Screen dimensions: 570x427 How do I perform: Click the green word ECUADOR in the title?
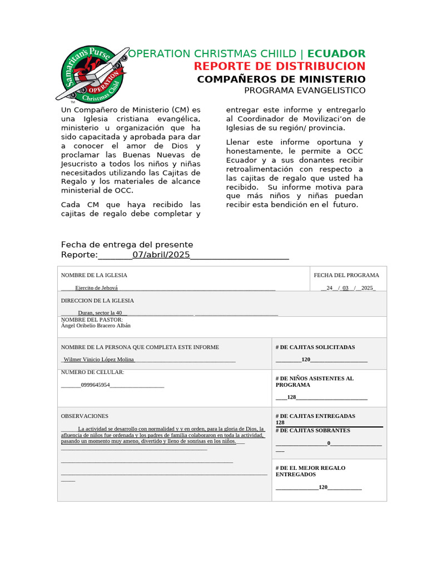coord(336,53)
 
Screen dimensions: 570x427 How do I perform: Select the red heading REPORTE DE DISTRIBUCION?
coord(280,66)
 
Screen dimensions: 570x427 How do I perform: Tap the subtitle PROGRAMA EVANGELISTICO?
coord(305,90)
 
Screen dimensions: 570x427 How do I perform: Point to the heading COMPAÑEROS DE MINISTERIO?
coord(281,79)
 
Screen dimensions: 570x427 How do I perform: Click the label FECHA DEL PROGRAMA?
coord(346,275)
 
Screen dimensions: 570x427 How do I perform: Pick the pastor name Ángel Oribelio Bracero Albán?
coord(96,326)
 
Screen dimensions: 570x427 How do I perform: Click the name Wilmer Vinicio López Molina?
coord(98,360)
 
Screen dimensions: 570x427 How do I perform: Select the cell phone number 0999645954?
coord(95,385)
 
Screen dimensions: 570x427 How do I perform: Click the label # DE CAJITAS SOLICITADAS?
coord(315,347)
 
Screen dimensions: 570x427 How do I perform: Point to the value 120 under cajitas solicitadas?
coord(306,360)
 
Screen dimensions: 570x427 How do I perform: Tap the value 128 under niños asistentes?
coord(291,397)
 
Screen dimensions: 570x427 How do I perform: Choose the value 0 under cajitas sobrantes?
coord(329,443)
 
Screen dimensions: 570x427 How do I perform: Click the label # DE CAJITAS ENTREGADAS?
coord(315,416)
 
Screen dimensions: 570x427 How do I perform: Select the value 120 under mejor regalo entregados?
coord(323,487)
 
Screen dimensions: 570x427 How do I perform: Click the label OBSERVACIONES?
coord(85,416)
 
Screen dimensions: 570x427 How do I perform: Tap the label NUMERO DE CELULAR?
coord(92,372)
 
